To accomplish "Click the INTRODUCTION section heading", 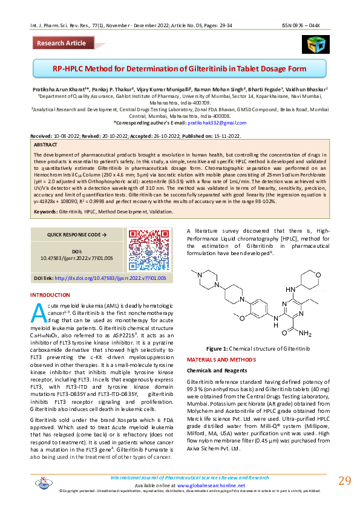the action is point(50,295).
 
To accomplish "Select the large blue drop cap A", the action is point(38,311).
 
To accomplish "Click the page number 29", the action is point(344,481).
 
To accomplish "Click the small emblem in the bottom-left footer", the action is point(41,482).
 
